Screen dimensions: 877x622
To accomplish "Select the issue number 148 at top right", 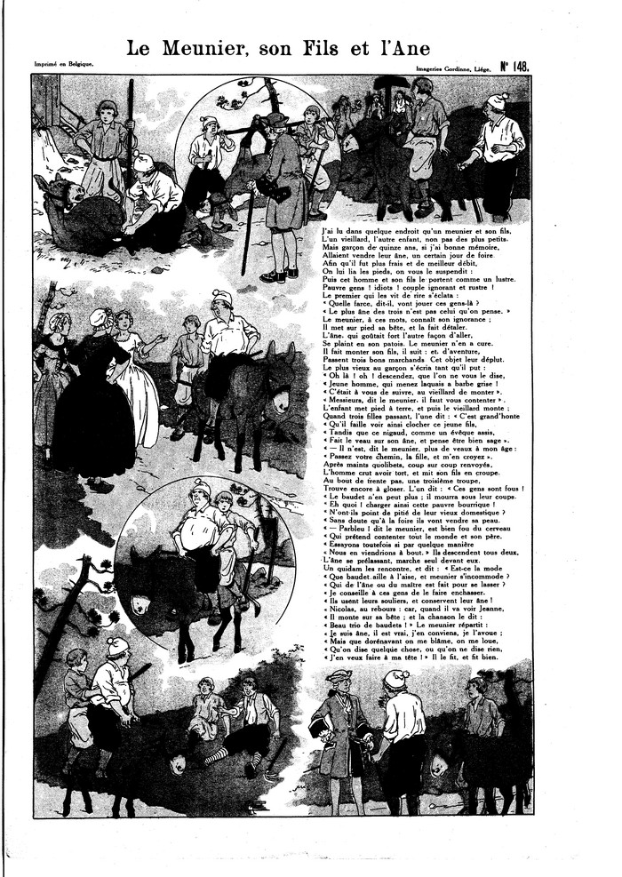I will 514,66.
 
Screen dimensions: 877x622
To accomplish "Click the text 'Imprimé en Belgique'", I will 64,64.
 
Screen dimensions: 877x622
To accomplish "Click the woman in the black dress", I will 92,391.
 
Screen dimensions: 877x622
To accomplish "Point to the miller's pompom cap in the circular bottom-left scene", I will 201,486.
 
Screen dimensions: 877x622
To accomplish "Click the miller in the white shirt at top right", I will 494,151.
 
